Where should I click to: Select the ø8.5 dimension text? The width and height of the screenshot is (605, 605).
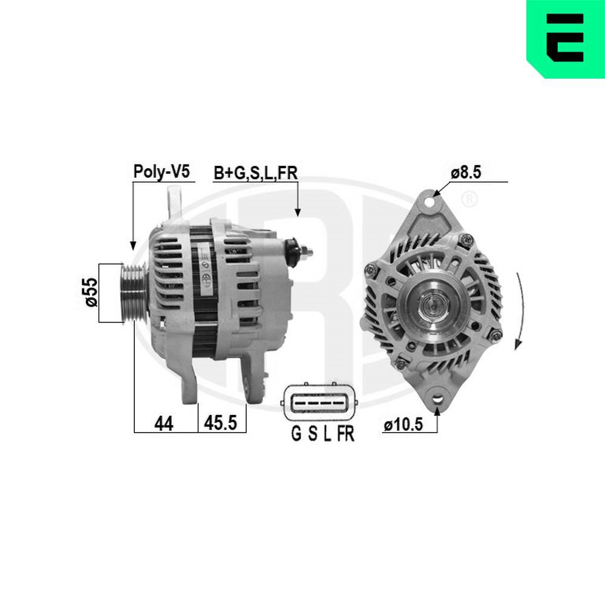(x=465, y=172)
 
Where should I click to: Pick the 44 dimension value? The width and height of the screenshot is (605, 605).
(x=163, y=424)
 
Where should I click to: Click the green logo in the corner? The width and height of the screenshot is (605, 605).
(x=566, y=39)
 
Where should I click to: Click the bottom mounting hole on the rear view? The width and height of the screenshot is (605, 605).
(x=437, y=399)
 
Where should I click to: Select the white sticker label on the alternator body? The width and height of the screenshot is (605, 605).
(x=206, y=269)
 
